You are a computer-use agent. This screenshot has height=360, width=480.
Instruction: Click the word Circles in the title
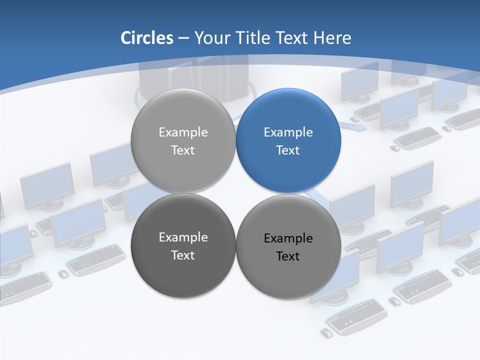147,38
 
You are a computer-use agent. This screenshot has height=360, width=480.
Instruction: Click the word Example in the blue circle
288,132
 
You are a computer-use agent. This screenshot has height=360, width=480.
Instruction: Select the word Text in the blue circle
288,150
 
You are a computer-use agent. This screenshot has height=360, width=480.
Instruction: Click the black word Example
288,238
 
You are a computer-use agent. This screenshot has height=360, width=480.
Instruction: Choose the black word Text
288,256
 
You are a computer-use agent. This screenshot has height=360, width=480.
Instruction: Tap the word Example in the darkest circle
183,237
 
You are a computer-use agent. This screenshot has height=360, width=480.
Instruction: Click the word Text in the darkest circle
183,255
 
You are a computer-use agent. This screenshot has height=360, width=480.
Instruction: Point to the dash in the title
183,38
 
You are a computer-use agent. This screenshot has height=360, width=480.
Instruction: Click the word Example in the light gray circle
183,132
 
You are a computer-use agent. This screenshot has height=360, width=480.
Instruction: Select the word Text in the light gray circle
183,150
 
